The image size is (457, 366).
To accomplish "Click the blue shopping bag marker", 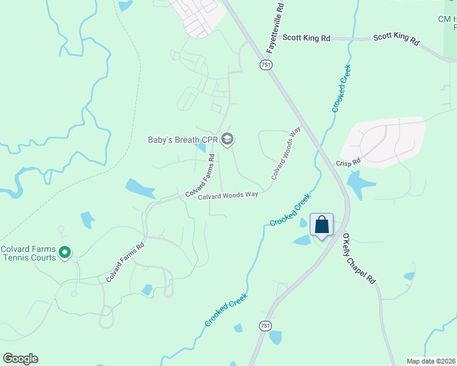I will point(322,224).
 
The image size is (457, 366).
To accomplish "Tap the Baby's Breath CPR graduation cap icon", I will point(227,140).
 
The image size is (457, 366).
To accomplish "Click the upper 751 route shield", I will point(265,65).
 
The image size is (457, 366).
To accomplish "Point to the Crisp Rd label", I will point(348,163).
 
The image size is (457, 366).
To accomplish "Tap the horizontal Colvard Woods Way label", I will point(228,195).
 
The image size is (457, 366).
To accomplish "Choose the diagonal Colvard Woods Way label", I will point(286,152).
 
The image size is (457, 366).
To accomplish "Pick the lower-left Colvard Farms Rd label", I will point(125,262).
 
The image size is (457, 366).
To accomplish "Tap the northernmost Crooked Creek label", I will point(342,88).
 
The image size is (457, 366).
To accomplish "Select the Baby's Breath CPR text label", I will point(183,140).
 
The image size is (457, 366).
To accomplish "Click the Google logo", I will point(20,359).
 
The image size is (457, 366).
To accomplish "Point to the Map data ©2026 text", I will point(431,361).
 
